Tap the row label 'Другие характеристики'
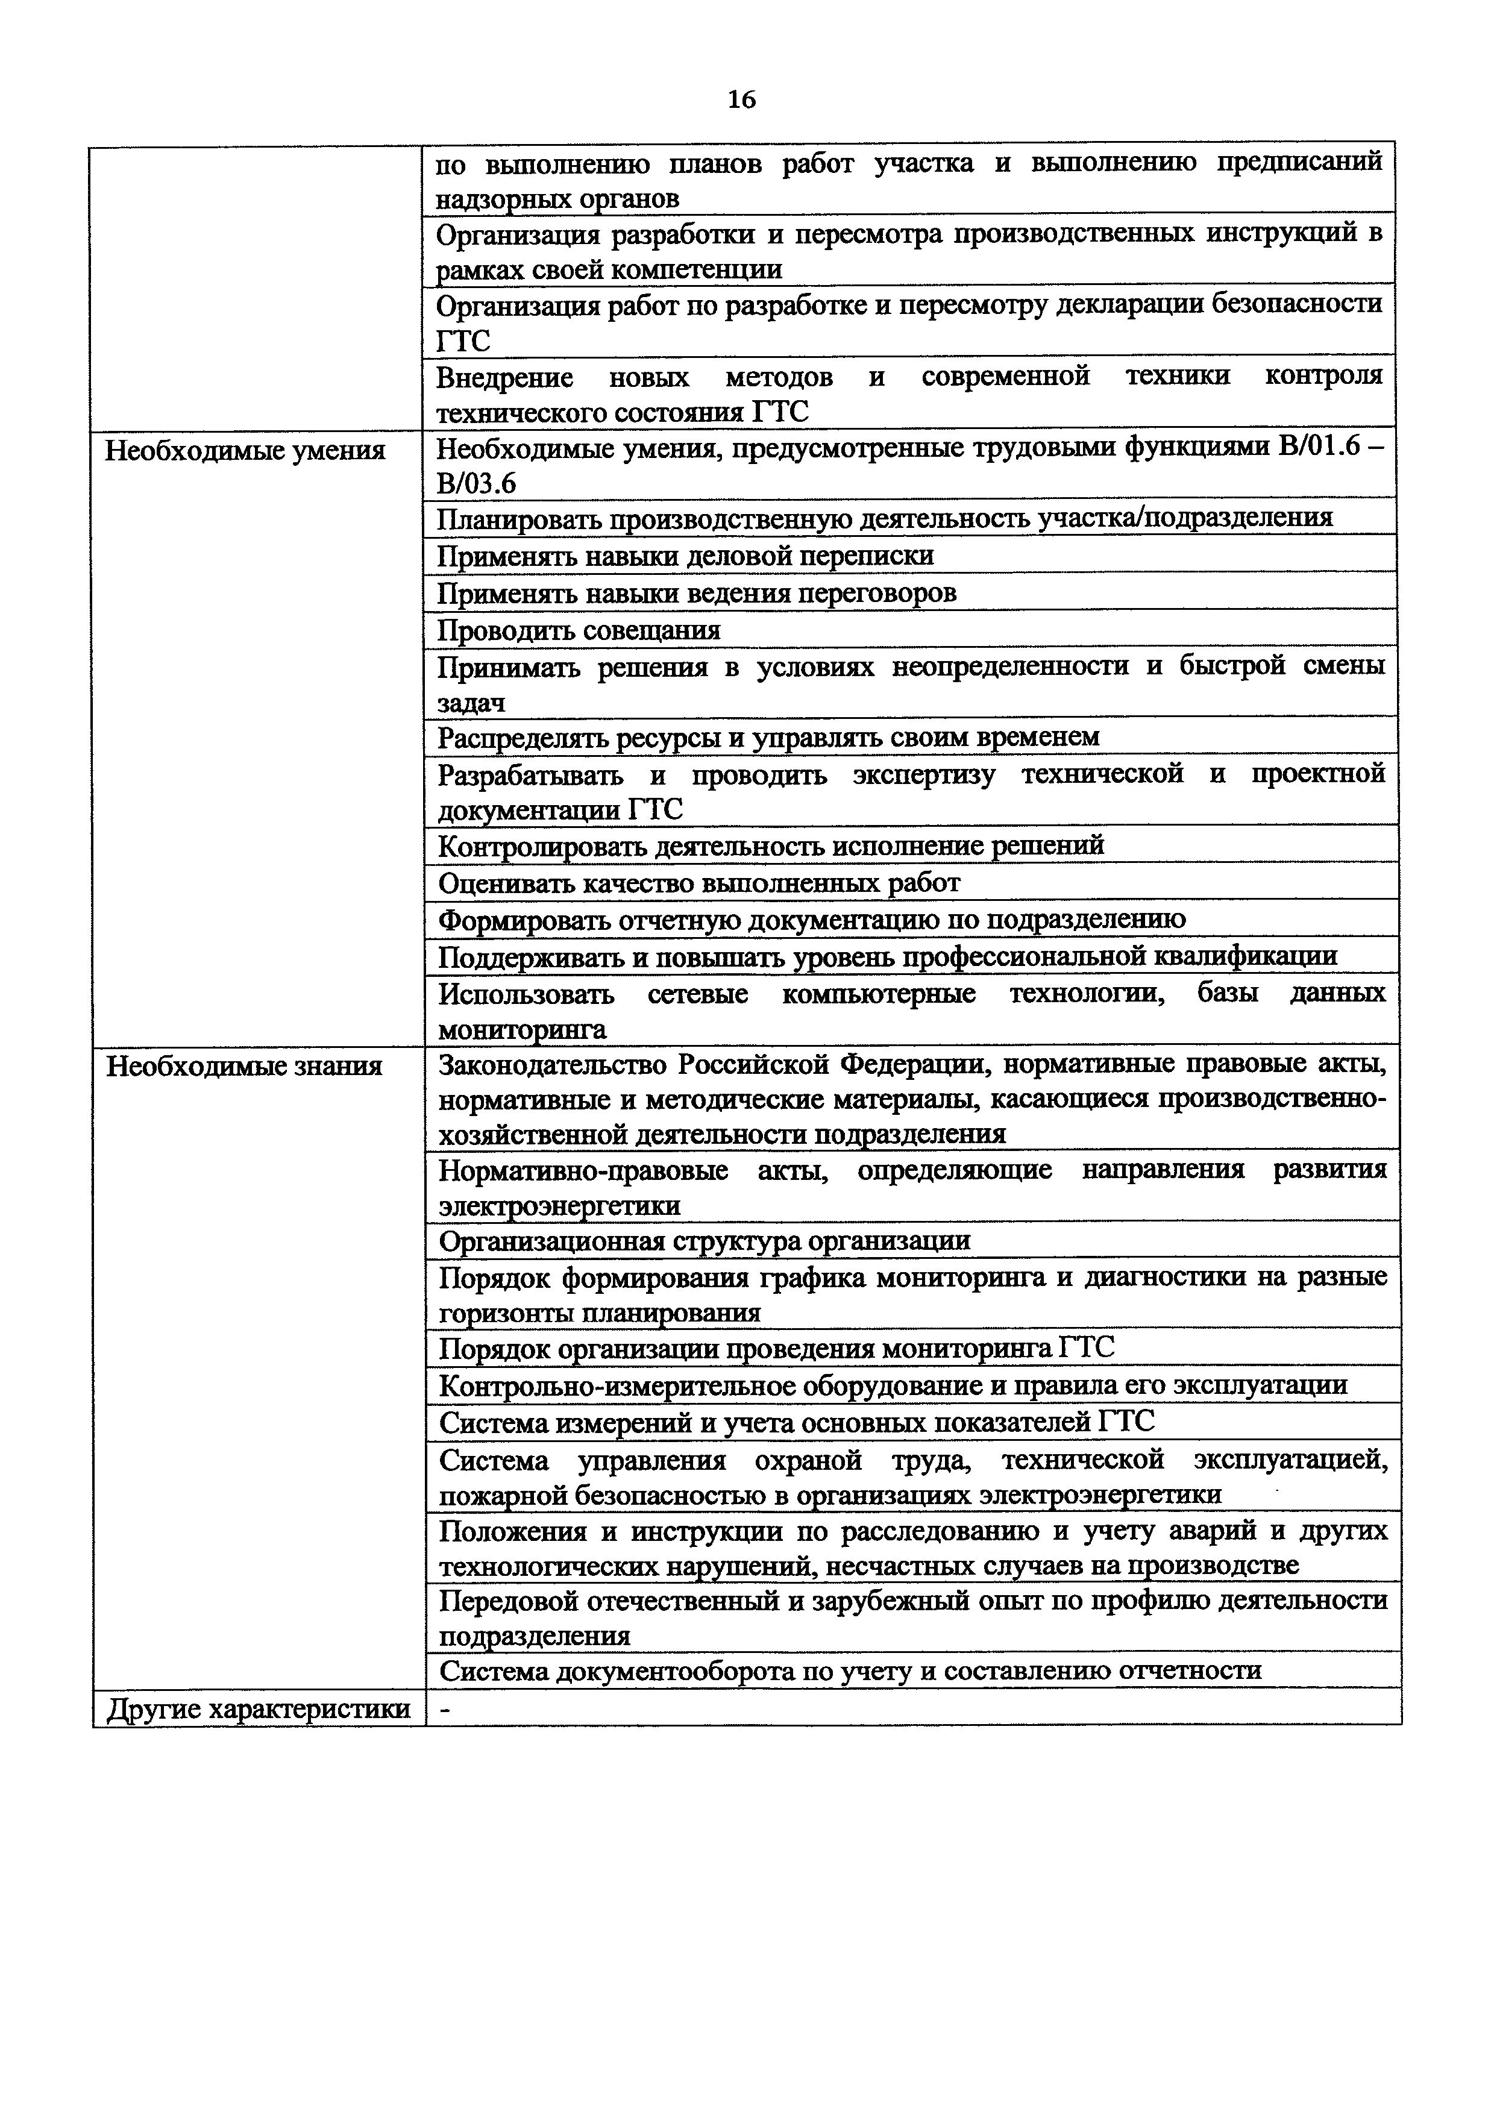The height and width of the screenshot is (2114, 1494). pyautogui.click(x=259, y=1710)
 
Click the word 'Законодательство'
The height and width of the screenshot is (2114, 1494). pyautogui.click(x=551, y=1065)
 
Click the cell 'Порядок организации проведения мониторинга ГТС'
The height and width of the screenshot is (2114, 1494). pyautogui.click(x=776, y=1349)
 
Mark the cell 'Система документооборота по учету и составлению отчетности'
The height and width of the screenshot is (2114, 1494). pyautogui.click(x=850, y=1671)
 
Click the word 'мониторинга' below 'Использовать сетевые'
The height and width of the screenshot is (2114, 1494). pyautogui.click(x=522, y=1029)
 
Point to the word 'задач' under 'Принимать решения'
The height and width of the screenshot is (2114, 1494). pyautogui.click(x=471, y=703)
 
